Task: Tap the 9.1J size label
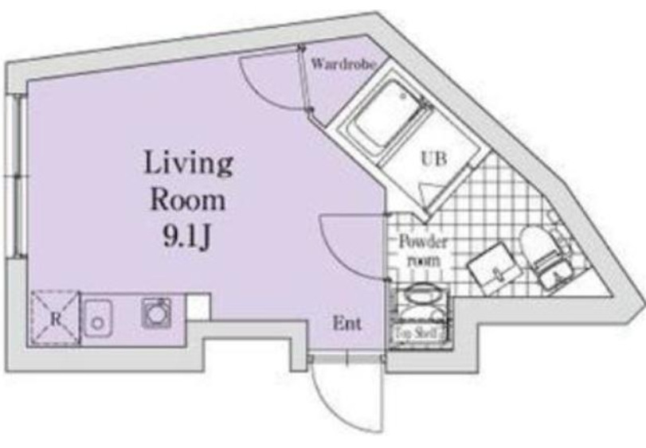[x=188, y=236]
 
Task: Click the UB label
[x=433, y=158]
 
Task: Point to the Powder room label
[x=421, y=250]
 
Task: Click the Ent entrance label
[x=346, y=324]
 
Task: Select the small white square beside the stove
[x=199, y=306]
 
